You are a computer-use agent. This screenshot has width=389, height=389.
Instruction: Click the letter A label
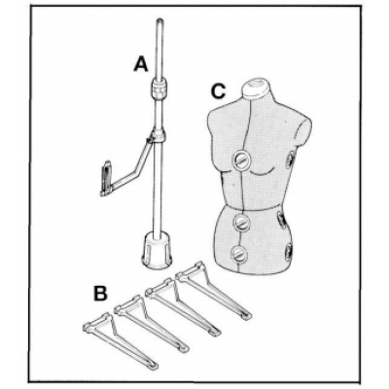pos(141,64)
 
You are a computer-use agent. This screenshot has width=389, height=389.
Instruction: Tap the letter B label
pos(100,294)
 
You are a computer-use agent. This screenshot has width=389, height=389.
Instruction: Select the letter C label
pos(218,90)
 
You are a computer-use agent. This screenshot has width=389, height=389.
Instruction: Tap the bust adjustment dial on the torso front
pos(242,159)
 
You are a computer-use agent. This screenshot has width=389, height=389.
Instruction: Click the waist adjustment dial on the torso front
pos(242,222)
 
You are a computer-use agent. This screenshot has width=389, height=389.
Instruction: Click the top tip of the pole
pos(160,21)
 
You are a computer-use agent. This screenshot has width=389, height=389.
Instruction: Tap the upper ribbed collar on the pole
pos(159,89)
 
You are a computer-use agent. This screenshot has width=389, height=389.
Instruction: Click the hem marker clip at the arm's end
pos(107,179)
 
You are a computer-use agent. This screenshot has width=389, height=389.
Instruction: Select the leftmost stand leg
pos(121,339)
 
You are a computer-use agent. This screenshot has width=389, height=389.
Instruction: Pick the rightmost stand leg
pos(213,291)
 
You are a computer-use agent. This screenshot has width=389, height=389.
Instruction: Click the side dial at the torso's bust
pos(290,159)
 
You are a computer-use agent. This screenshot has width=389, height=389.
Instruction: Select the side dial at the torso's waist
pos(282,220)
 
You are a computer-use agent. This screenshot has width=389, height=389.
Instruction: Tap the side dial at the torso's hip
pos(288,251)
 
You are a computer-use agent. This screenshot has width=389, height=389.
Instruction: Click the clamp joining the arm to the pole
pos(157,135)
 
